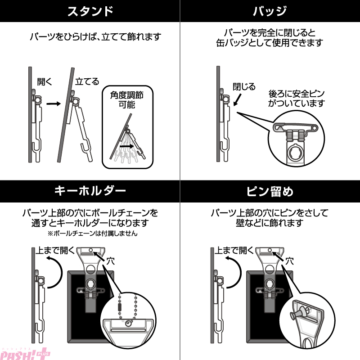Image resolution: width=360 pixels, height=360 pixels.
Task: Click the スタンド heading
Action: pos(90,11)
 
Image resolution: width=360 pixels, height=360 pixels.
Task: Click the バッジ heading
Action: pos(270,11)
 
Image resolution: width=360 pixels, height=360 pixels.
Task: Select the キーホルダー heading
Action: pos(90,191)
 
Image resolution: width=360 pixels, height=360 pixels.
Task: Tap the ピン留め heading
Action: pos(270,191)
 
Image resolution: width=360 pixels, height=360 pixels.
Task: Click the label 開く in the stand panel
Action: pos(45,81)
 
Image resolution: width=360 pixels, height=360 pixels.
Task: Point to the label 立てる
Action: pos(87,81)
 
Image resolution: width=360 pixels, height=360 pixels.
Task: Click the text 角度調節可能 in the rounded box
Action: pos(127,99)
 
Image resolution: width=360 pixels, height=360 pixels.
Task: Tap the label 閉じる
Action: pos(244,86)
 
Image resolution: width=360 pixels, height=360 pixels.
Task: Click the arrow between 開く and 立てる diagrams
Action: pos(54,104)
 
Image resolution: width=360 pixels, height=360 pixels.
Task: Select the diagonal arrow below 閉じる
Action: pos(238,99)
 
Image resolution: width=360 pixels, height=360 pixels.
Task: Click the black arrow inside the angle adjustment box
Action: pos(126,146)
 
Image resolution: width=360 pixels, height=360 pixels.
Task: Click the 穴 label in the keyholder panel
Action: pos(110,261)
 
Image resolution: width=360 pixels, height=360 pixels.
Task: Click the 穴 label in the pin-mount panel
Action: pos(289,261)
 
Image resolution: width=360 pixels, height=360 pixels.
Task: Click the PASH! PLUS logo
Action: pos(25,354)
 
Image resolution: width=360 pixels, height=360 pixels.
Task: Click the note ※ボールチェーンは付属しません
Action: pos(93,234)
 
